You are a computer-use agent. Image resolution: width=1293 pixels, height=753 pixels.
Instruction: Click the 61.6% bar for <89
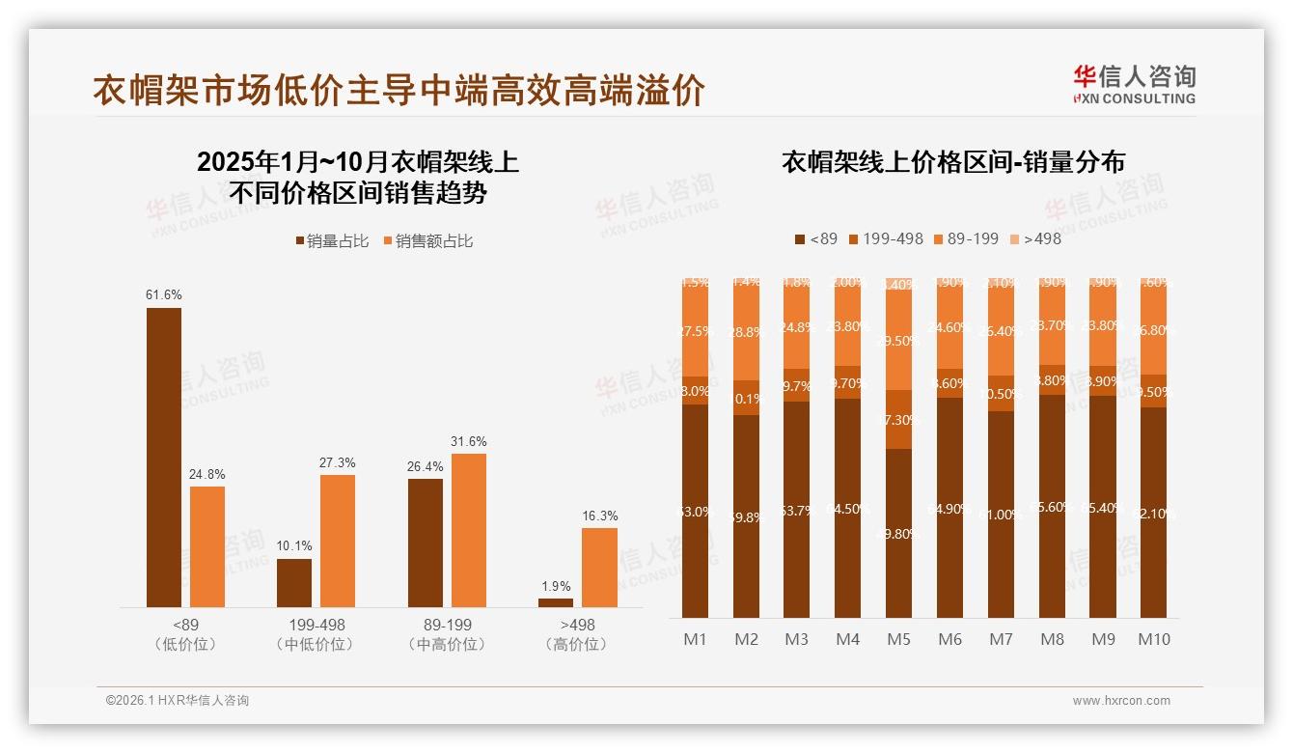point(164,457)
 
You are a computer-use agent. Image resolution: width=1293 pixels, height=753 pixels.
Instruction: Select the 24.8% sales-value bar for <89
point(207,546)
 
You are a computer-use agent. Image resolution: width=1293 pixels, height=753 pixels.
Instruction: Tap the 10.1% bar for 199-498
point(294,582)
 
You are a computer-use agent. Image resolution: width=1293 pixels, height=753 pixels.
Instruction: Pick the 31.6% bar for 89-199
point(469,530)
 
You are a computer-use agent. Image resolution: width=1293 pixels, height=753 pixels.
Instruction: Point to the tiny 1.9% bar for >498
point(556,602)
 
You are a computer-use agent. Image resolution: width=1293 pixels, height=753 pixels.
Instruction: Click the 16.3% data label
point(599,516)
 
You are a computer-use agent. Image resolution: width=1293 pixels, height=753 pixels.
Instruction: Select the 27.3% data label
point(337,463)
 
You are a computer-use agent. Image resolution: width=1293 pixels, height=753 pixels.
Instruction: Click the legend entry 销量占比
point(331,241)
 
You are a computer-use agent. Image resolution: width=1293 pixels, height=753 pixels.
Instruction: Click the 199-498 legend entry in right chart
point(884,238)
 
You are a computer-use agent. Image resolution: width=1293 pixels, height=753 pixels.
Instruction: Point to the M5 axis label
point(898,639)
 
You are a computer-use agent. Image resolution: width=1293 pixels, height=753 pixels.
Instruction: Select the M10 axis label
point(1153,639)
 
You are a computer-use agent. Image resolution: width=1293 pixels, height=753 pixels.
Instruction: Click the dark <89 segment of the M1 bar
point(695,512)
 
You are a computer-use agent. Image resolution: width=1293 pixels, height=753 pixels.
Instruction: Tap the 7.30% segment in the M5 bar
point(898,419)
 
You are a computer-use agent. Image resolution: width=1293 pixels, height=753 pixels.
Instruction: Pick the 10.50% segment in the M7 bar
point(1001,394)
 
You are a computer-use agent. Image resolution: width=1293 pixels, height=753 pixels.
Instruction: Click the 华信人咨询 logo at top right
point(1134,84)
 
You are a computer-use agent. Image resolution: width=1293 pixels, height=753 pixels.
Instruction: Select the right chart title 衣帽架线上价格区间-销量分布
point(952,162)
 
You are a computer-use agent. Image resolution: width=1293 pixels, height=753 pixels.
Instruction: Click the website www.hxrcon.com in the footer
point(1120,701)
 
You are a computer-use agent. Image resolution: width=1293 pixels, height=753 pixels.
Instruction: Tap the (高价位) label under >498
point(576,644)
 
